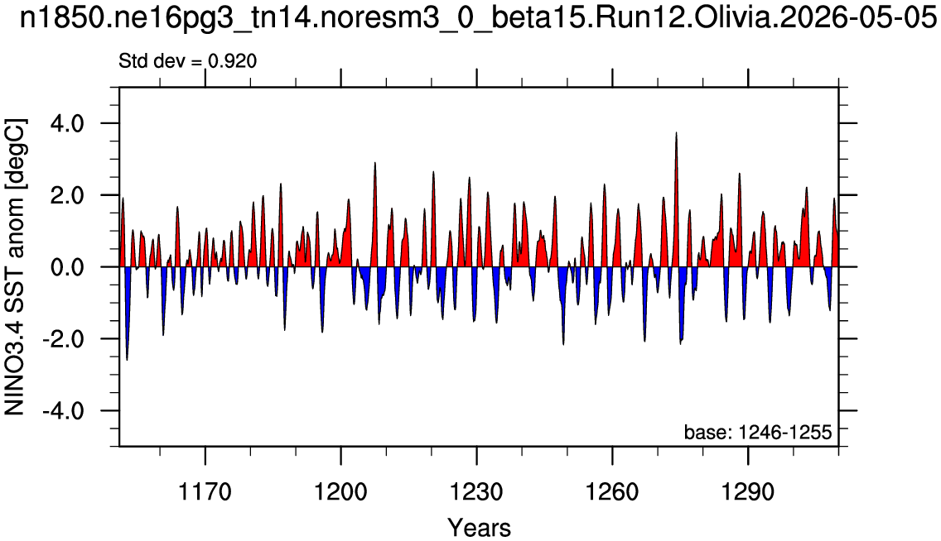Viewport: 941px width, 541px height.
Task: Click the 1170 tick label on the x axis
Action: (205, 492)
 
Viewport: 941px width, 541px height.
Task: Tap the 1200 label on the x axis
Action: (341, 492)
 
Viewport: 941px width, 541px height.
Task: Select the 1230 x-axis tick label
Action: (476, 492)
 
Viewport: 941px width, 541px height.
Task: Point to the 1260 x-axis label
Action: (612, 492)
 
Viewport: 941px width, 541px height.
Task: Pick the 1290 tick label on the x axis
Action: (748, 492)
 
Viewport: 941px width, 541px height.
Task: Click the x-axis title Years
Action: (480, 528)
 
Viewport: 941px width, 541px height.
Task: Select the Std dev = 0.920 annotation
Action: (188, 61)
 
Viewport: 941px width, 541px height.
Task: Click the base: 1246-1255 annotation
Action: (758, 432)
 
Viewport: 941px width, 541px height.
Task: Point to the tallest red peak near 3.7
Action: (676, 134)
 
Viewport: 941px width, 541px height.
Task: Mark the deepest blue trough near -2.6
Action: (128, 359)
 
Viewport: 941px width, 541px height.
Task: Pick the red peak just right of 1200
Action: (348, 200)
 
